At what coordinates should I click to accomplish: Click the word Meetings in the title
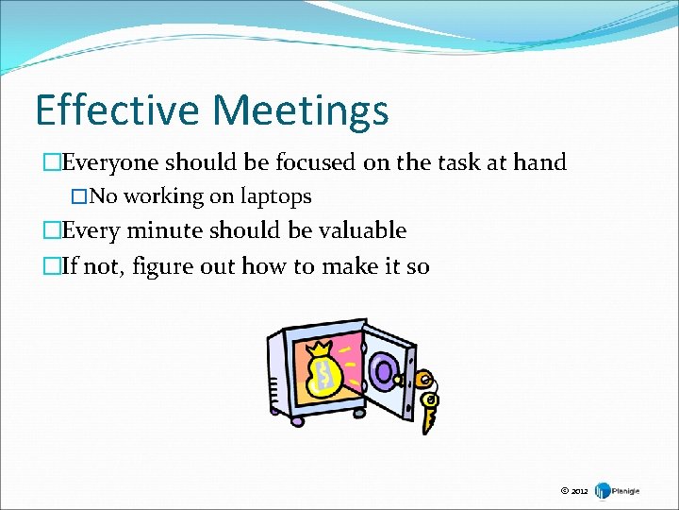(301, 111)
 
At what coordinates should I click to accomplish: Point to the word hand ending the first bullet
(539, 162)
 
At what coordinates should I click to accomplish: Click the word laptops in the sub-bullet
(275, 196)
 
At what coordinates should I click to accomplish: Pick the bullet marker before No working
(79, 197)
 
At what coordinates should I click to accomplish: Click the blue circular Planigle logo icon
(602, 491)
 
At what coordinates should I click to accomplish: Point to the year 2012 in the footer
(579, 492)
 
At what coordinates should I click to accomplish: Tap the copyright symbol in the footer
(564, 491)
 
